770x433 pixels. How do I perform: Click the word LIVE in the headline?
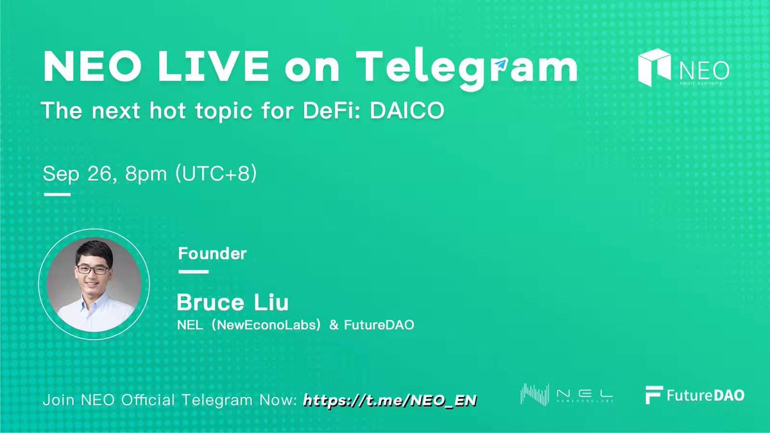point(213,65)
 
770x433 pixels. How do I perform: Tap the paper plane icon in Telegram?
point(501,64)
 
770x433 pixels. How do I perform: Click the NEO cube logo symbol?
point(654,67)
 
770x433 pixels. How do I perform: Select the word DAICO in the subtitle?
point(407,110)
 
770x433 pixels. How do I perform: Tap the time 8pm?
point(146,174)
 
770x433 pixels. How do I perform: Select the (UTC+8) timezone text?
point(216,174)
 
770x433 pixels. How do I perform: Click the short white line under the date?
point(57,194)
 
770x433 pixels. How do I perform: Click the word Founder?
point(212,253)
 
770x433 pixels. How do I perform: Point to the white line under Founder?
point(194,272)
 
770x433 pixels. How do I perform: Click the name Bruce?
point(210,302)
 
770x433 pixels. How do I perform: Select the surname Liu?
point(271,302)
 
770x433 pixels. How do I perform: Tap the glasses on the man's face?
point(93,270)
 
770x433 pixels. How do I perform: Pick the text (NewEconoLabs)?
point(266,325)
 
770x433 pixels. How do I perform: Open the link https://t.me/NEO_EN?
point(390,400)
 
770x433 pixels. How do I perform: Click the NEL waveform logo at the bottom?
point(535,395)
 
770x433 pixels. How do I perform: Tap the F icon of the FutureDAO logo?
point(654,395)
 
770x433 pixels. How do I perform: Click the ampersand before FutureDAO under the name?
point(334,325)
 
